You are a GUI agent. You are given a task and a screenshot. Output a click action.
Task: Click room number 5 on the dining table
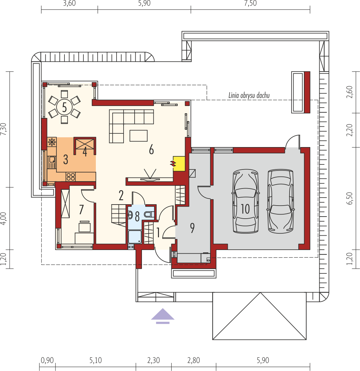pyautogui.click(x=64, y=107)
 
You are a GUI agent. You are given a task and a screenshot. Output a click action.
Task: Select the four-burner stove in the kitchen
pyautogui.click(x=71, y=176)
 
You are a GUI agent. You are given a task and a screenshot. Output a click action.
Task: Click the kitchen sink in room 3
pyautogui.click(x=52, y=162)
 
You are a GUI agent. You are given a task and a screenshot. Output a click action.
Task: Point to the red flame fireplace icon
pyautogui.click(x=173, y=163)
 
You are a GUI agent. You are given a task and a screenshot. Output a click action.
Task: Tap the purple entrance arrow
pyautogui.click(x=163, y=316)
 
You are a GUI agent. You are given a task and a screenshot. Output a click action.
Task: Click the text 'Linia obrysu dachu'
pyautogui.click(x=249, y=96)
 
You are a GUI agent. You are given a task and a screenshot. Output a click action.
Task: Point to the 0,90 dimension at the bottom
pyautogui.click(x=47, y=360)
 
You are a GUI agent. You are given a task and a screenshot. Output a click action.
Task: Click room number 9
pyautogui.click(x=192, y=228)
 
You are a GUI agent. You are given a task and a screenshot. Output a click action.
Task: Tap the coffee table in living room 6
pyautogui.click(x=138, y=135)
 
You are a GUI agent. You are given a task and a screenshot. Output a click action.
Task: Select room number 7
pyautogui.click(x=81, y=210)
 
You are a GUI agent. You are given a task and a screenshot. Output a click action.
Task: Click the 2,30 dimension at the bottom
pyautogui.click(x=153, y=360)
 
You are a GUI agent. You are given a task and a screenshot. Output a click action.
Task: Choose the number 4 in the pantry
pyautogui.click(x=85, y=152)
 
